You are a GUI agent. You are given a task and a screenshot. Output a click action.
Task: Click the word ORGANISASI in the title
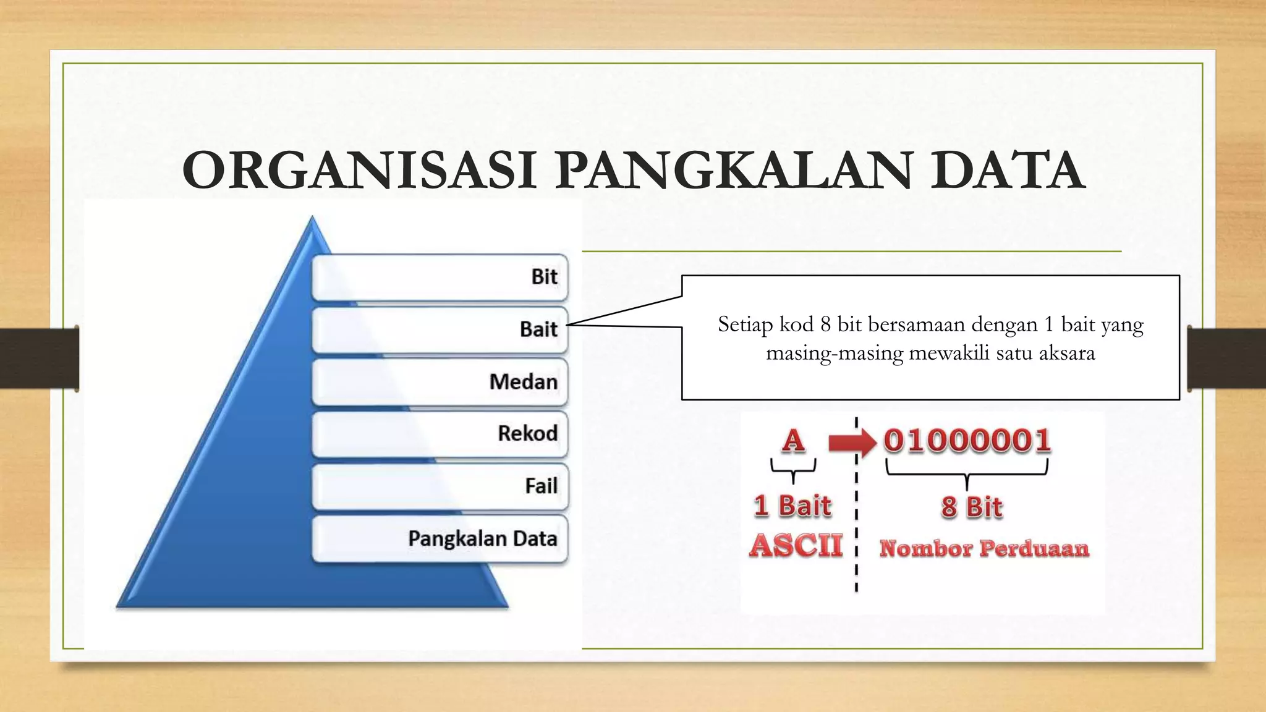tap(358, 171)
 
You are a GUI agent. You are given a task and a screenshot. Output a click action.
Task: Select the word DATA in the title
tap(1008, 171)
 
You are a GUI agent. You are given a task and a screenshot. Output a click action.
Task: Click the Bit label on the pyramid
tap(544, 277)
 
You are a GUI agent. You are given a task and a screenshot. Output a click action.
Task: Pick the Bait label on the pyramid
tap(538, 329)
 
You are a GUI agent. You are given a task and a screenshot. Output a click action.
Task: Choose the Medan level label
tap(523, 382)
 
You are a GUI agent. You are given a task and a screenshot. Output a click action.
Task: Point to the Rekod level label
tap(527, 433)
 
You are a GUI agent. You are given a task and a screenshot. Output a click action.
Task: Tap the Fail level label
tap(541, 486)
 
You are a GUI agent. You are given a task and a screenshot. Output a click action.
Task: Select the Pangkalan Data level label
tap(482, 538)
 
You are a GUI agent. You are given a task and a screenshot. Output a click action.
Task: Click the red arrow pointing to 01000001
tap(851, 442)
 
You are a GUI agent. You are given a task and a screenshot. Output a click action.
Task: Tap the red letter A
tap(793, 441)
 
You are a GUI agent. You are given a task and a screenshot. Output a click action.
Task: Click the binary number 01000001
tap(967, 441)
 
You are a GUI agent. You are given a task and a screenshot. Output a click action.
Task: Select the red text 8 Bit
tap(971, 507)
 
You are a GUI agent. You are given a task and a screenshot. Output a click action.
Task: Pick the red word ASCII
tap(796, 546)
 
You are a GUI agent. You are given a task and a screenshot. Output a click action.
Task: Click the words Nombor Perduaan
tap(984, 548)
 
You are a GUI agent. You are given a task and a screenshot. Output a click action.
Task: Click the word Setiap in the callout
tap(745, 324)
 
